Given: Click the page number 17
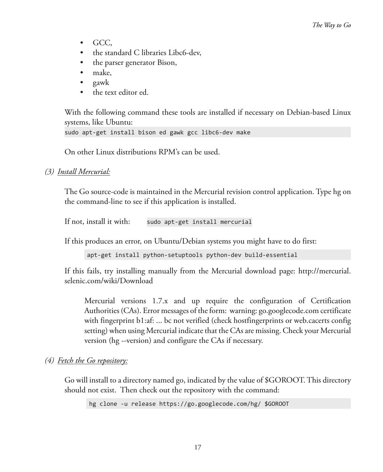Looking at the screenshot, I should pos(198,447).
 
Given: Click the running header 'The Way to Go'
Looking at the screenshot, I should pos(332,25).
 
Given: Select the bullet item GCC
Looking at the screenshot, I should pos(102,43).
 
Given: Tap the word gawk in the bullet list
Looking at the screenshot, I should pos(101,83).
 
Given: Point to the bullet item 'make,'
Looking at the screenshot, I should pos(102,73).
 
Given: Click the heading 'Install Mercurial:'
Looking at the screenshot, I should pos(84,172).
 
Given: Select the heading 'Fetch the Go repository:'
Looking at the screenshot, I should pos(92,361).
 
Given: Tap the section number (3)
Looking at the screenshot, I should pos(50,172).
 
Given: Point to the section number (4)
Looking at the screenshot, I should pos(50,361).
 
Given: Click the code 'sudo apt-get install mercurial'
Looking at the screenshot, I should pos(199,222).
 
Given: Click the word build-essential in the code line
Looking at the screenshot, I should pos(271,255).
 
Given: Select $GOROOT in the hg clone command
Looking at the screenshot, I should pos(276,404).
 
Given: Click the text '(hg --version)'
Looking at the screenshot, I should pos(130,341).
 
